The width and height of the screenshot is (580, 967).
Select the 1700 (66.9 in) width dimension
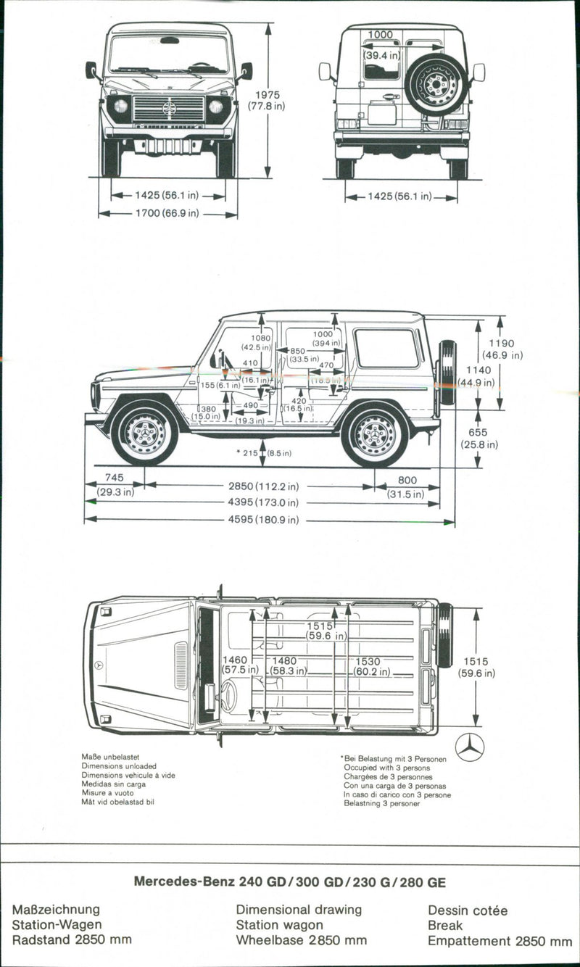click(x=167, y=214)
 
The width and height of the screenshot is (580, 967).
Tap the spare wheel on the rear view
click(x=436, y=84)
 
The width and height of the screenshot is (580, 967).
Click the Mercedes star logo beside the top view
click(x=470, y=747)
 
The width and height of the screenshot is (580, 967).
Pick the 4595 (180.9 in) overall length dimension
click(x=262, y=520)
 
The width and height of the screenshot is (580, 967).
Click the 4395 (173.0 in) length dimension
click(x=262, y=502)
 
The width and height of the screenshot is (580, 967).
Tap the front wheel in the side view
click(x=144, y=433)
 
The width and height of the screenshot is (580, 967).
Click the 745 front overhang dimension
click(x=114, y=483)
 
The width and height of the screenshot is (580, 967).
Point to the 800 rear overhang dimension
click(x=407, y=485)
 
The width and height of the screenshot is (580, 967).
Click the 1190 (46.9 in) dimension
click(x=502, y=349)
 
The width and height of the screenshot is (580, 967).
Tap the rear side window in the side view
click(x=386, y=349)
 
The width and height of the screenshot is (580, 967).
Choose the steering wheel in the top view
click(x=228, y=695)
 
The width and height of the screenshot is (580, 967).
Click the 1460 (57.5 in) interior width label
click(x=236, y=665)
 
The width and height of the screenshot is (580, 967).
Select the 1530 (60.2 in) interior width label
click(x=373, y=667)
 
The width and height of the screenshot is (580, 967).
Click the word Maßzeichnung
click(x=56, y=909)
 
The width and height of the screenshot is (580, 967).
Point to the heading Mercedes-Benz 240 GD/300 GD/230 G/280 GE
click(x=290, y=882)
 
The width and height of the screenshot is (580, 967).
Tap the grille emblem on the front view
click(x=169, y=109)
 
